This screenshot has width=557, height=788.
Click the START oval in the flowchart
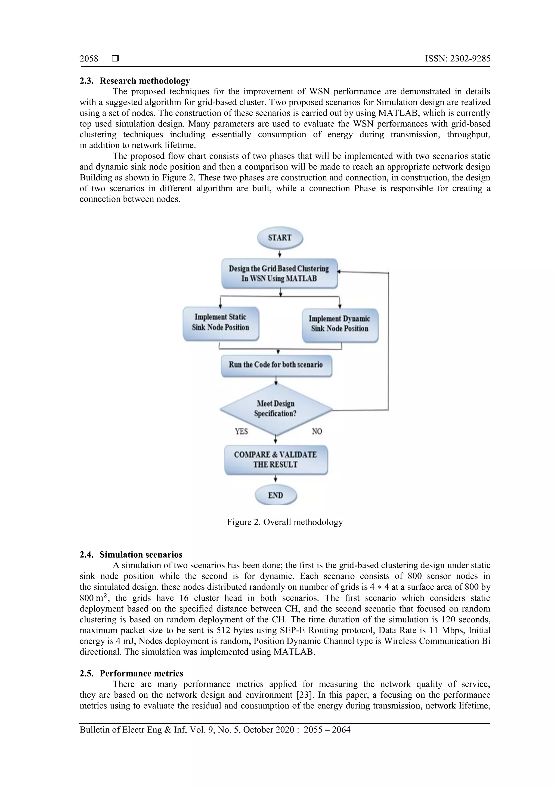pos(280,237)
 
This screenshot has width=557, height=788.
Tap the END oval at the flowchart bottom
pos(276,495)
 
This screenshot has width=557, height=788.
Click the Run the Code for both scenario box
pos(276,365)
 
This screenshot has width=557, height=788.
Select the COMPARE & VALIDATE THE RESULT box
pos(276,459)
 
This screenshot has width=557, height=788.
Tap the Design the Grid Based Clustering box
pos(279,274)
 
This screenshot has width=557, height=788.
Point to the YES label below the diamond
pos(241,431)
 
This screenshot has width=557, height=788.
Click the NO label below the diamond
pos(317,431)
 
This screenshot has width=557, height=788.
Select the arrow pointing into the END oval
pos(276,479)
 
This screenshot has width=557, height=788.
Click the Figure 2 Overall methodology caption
pos(285,522)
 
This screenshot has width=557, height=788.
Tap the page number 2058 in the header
pos(89,59)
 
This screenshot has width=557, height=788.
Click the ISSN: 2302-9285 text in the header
pos(457,59)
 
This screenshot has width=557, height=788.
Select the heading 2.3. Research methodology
pos(135,81)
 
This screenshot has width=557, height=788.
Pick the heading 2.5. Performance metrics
pos(131,673)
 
